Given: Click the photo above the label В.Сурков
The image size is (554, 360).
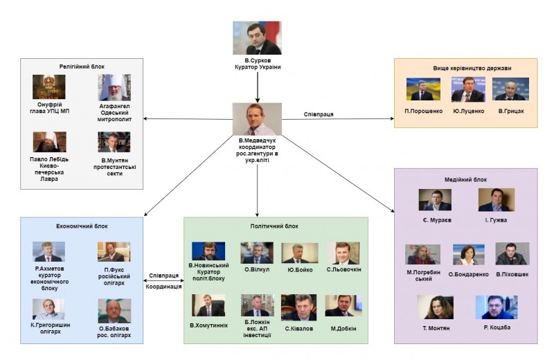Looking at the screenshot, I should coord(257,38).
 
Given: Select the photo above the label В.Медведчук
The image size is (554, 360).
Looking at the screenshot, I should coord(257,119).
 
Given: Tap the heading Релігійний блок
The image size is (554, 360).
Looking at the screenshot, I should coord(82,66).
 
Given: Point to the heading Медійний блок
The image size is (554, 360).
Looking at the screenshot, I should coord(465,179).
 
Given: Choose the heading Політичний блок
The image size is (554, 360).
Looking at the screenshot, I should coord(274,226).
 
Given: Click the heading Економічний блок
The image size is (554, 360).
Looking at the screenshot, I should coord(82,226).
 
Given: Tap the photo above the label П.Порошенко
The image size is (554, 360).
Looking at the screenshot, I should coord(424,89).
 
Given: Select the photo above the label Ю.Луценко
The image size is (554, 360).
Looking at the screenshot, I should coord(467,89).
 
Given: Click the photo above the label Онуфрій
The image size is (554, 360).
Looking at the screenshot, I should coord(48,87).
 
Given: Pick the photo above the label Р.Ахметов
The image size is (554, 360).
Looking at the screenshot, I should coord(49,251).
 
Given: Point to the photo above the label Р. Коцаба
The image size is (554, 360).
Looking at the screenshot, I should coord(496,307).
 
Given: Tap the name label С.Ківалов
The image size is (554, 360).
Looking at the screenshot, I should coord(298,327).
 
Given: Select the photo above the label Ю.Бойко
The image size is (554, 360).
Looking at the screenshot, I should coord(299,252).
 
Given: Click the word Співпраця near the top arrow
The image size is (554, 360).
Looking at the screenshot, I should coord(319,114).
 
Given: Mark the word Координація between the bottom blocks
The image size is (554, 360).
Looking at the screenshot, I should coord(164,287).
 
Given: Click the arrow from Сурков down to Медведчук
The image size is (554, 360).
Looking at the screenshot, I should coord(257,87).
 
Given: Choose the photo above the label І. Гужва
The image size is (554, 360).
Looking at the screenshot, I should coord(496,199).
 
